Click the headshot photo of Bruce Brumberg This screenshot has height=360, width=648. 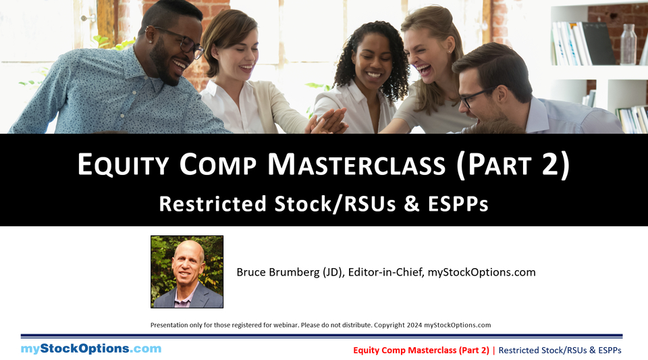187,272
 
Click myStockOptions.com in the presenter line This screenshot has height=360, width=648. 482,272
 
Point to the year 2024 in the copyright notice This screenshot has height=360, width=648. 415,325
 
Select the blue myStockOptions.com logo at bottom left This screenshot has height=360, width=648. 91,349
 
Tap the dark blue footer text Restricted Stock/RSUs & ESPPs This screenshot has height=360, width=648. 560,350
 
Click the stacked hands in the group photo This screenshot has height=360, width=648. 329,122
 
